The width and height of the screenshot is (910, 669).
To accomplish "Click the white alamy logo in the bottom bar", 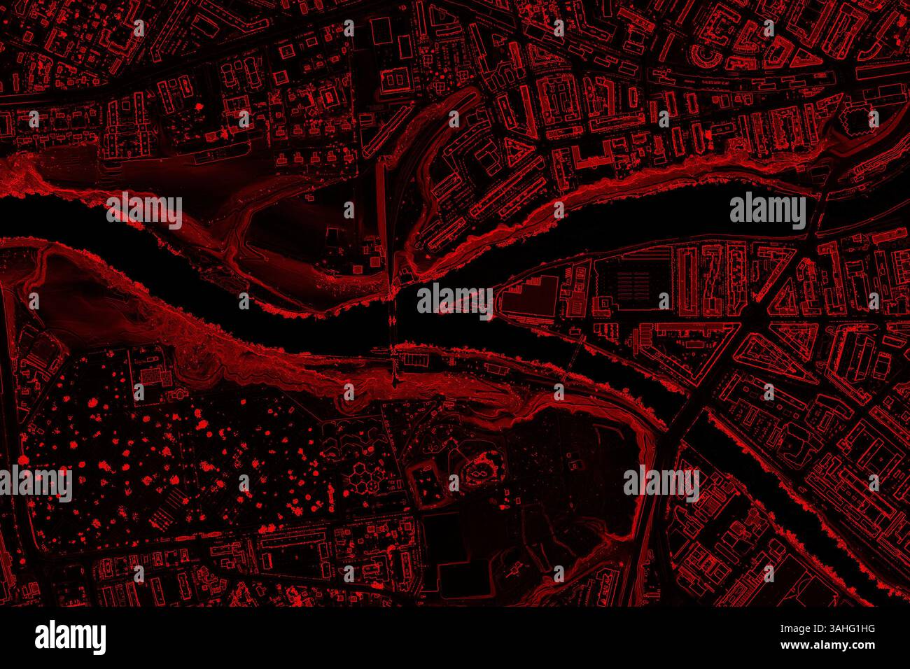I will pyautogui.click(x=71, y=638).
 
